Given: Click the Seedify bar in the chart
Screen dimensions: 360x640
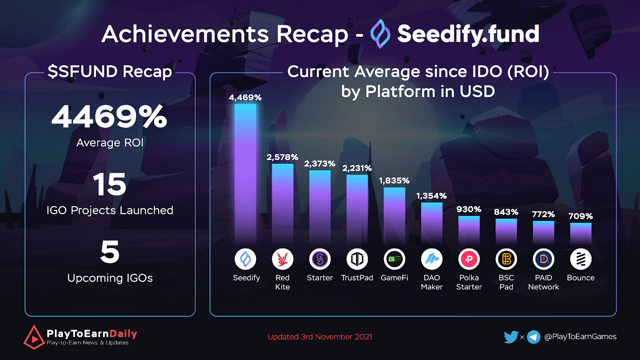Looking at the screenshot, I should pos(245,174).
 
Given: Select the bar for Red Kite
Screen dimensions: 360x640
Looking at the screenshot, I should pos(282,204).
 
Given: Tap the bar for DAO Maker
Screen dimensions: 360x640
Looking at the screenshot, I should pos(432,223).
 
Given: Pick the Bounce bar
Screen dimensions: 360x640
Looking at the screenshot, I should pos(580,233).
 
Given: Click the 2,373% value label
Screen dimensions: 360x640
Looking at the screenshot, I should pos(320,164).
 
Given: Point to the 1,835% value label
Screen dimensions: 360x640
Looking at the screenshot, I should pos(394,181).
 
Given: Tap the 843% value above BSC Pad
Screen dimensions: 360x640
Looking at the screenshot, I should pos(506,212).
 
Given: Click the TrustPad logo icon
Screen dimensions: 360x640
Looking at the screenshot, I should pos(357,259).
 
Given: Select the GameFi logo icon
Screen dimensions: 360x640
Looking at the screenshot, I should pos(394,259).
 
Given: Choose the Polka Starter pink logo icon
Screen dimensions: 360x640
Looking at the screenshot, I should pos(469,259).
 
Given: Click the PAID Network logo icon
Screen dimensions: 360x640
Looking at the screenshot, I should pos(543,259).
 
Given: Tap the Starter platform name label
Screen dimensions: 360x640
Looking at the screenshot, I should pos(320,278).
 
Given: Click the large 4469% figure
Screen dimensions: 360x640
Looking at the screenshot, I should pos(109,117).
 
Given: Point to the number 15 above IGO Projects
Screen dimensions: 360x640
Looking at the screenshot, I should pos(110,184).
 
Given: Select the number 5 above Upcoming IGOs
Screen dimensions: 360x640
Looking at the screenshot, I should pos(110,252).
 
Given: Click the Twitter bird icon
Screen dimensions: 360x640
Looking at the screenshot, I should pos(511,337).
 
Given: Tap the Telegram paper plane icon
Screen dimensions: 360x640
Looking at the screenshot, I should pos(534,337).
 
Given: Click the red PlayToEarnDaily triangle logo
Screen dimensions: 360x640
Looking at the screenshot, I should pos(34,337).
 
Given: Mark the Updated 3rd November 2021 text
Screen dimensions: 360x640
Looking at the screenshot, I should pos(320,337).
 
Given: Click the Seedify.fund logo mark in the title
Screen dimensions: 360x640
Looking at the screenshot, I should pos(380,34).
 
